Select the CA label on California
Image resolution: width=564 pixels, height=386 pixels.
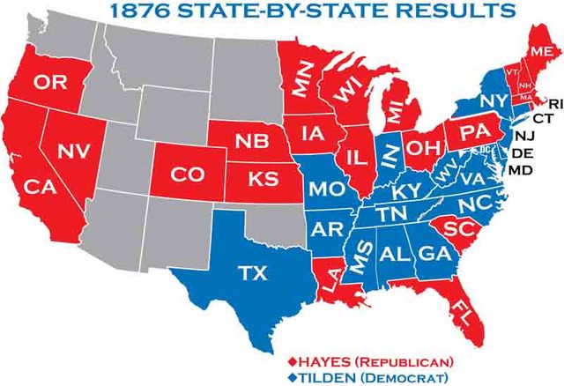(41, 187)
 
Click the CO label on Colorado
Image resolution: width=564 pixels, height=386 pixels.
(186, 174)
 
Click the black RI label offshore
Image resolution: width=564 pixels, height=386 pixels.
(554, 104)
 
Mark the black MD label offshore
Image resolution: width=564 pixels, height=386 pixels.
(522, 168)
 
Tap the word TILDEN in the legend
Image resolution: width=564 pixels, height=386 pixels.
(331, 375)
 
